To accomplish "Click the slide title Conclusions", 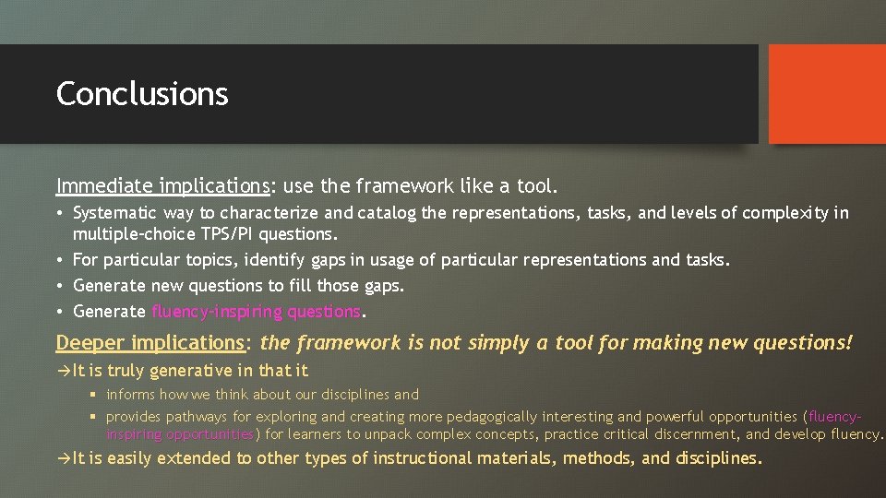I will coord(142,94).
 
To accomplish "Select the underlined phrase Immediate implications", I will coord(162,186).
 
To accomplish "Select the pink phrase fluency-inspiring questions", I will coord(256,312).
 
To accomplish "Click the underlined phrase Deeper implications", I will coord(150,343).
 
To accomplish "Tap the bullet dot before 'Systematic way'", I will coord(60,214).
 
